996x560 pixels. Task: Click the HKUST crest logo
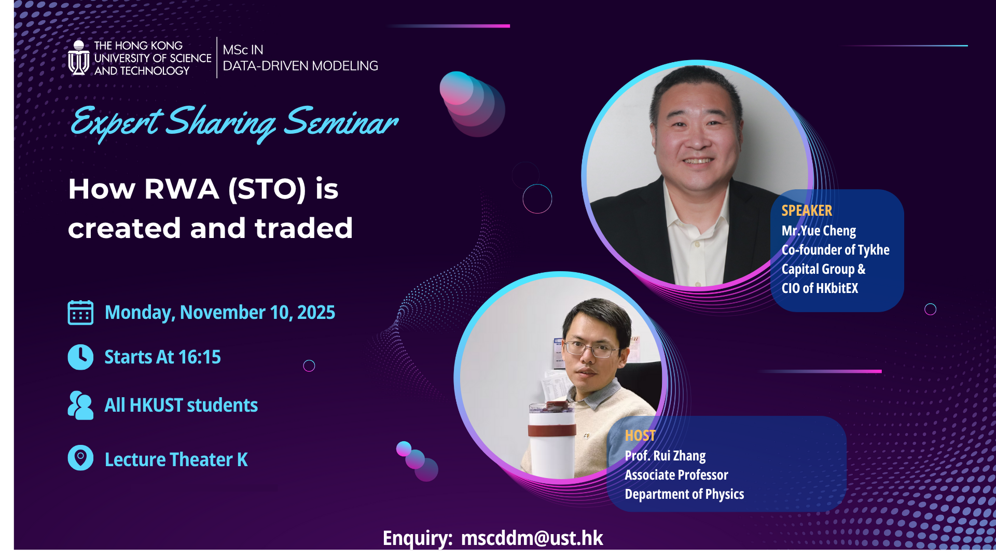pyautogui.click(x=78, y=58)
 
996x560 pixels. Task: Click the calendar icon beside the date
pyautogui.click(x=80, y=313)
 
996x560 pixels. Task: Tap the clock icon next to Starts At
pyautogui.click(x=80, y=357)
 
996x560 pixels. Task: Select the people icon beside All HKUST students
pyautogui.click(x=80, y=405)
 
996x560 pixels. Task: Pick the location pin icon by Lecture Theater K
pyautogui.click(x=80, y=458)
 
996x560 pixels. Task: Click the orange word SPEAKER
pyautogui.click(x=807, y=211)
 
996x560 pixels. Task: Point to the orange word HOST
pyautogui.click(x=640, y=436)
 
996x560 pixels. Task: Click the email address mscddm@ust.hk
pyautogui.click(x=532, y=538)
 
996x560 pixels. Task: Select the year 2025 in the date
pyautogui.click(x=316, y=313)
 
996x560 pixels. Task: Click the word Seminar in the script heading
pyautogui.click(x=341, y=122)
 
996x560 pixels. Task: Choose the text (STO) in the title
pyautogui.click(x=267, y=189)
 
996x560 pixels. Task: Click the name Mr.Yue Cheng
pyautogui.click(x=819, y=231)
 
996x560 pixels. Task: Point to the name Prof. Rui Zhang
pyautogui.click(x=665, y=456)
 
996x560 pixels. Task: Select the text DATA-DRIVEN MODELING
pyautogui.click(x=300, y=66)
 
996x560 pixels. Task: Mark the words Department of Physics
pyautogui.click(x=684, y=494)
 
